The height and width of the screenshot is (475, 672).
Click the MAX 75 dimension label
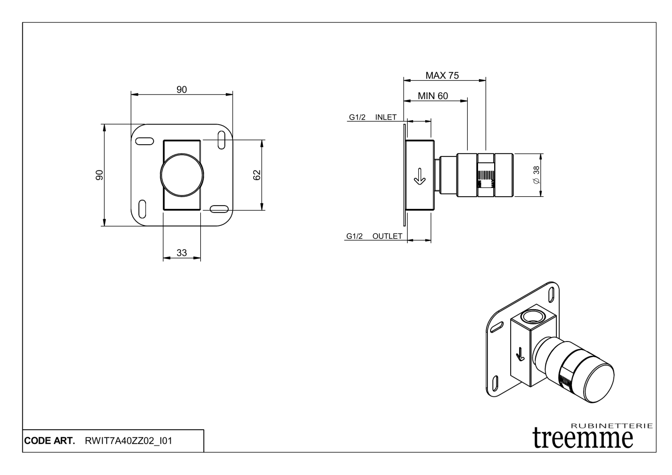click(442, 75)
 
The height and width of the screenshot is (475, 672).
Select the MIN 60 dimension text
click(432, 96)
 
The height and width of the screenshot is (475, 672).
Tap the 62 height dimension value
click(257, 175)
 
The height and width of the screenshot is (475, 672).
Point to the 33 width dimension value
click(181, 253)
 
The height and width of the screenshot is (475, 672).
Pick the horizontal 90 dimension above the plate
click(181, 90)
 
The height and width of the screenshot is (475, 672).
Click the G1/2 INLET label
click(373, 117)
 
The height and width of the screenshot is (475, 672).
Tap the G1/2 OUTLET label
click(374, 236)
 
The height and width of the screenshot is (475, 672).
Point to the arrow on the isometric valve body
click(520, 354)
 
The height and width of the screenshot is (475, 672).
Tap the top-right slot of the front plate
click(221, 139)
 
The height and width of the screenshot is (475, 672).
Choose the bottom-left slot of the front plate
click(142, 209)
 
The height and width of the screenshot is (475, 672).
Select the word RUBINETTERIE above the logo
click(612, 426)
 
